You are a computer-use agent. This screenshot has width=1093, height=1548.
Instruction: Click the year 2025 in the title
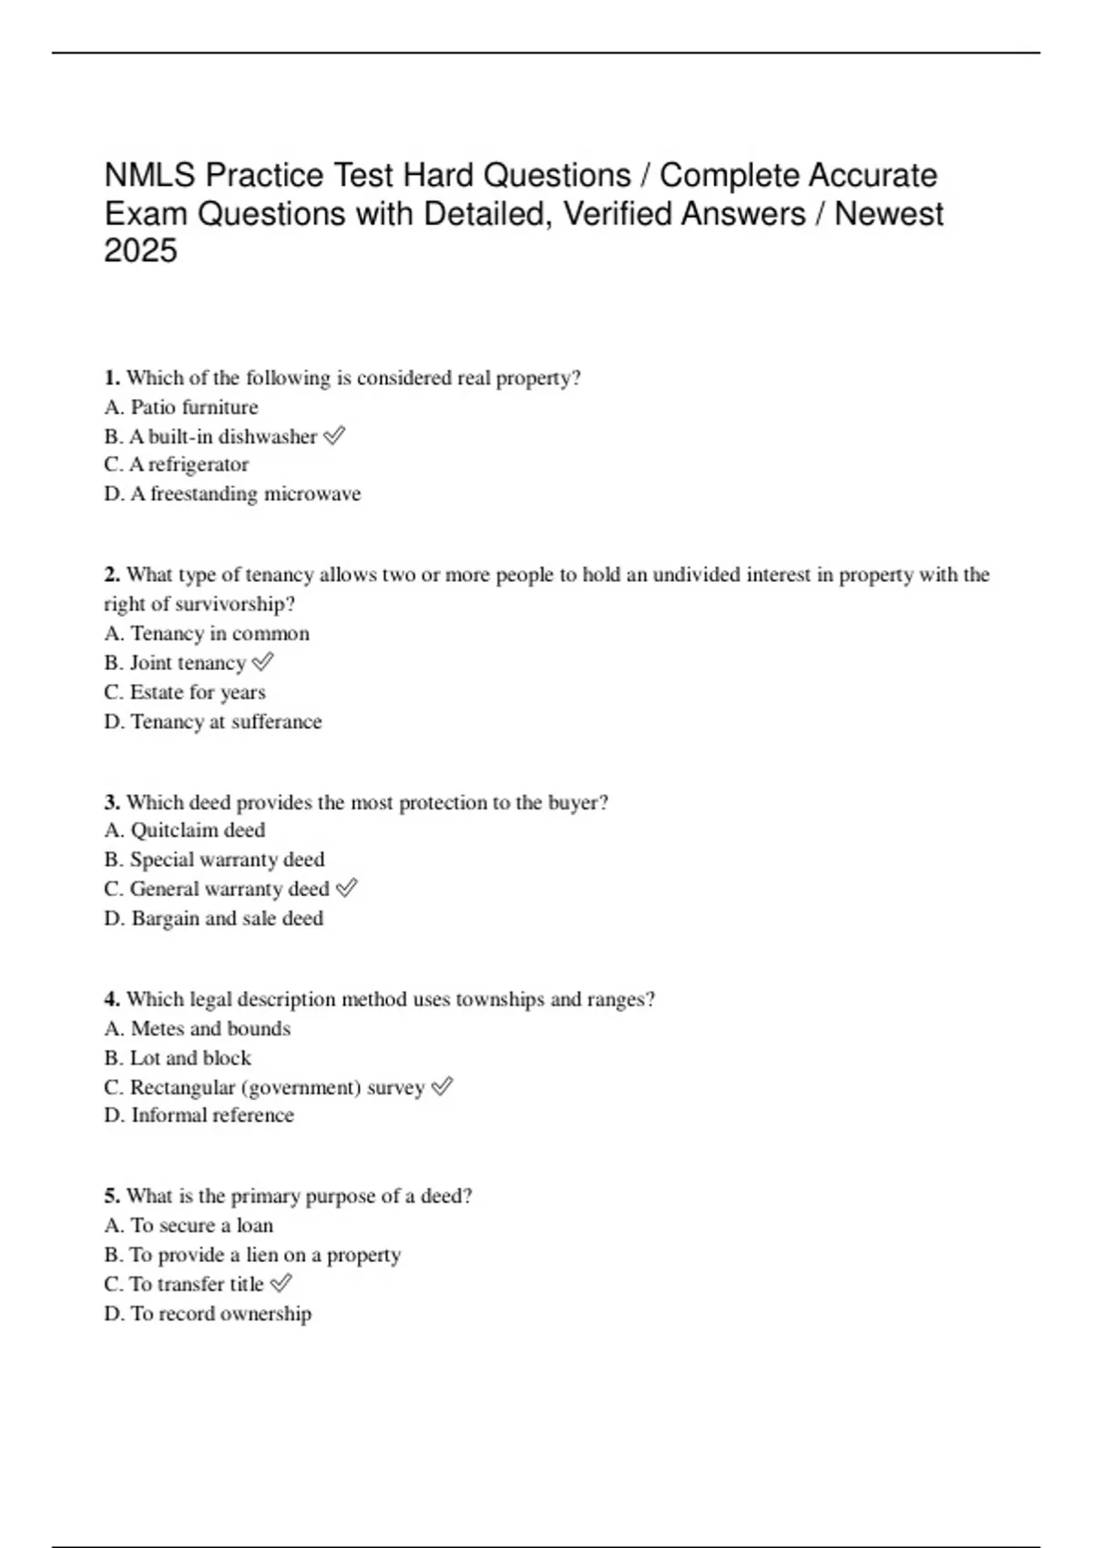click(x=140, y=251)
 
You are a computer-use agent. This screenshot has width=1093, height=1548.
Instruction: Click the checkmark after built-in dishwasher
click(x=334, y=436)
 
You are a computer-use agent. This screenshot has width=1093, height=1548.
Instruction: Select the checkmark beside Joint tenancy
click(x=262, y=662)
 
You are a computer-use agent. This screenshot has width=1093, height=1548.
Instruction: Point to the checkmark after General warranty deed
click(x=346, y=888)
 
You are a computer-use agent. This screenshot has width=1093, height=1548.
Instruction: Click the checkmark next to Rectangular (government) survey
click(x=442, y=1086)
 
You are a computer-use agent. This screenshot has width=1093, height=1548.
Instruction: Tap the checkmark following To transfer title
click(x=281, y=1283)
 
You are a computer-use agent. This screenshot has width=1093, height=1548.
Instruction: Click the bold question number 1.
click(x=112, y=378)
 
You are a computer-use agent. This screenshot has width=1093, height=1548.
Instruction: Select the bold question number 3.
click(x=112, y=802)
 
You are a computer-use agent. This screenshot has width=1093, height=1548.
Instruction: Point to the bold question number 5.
click(x=112, y=1196)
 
